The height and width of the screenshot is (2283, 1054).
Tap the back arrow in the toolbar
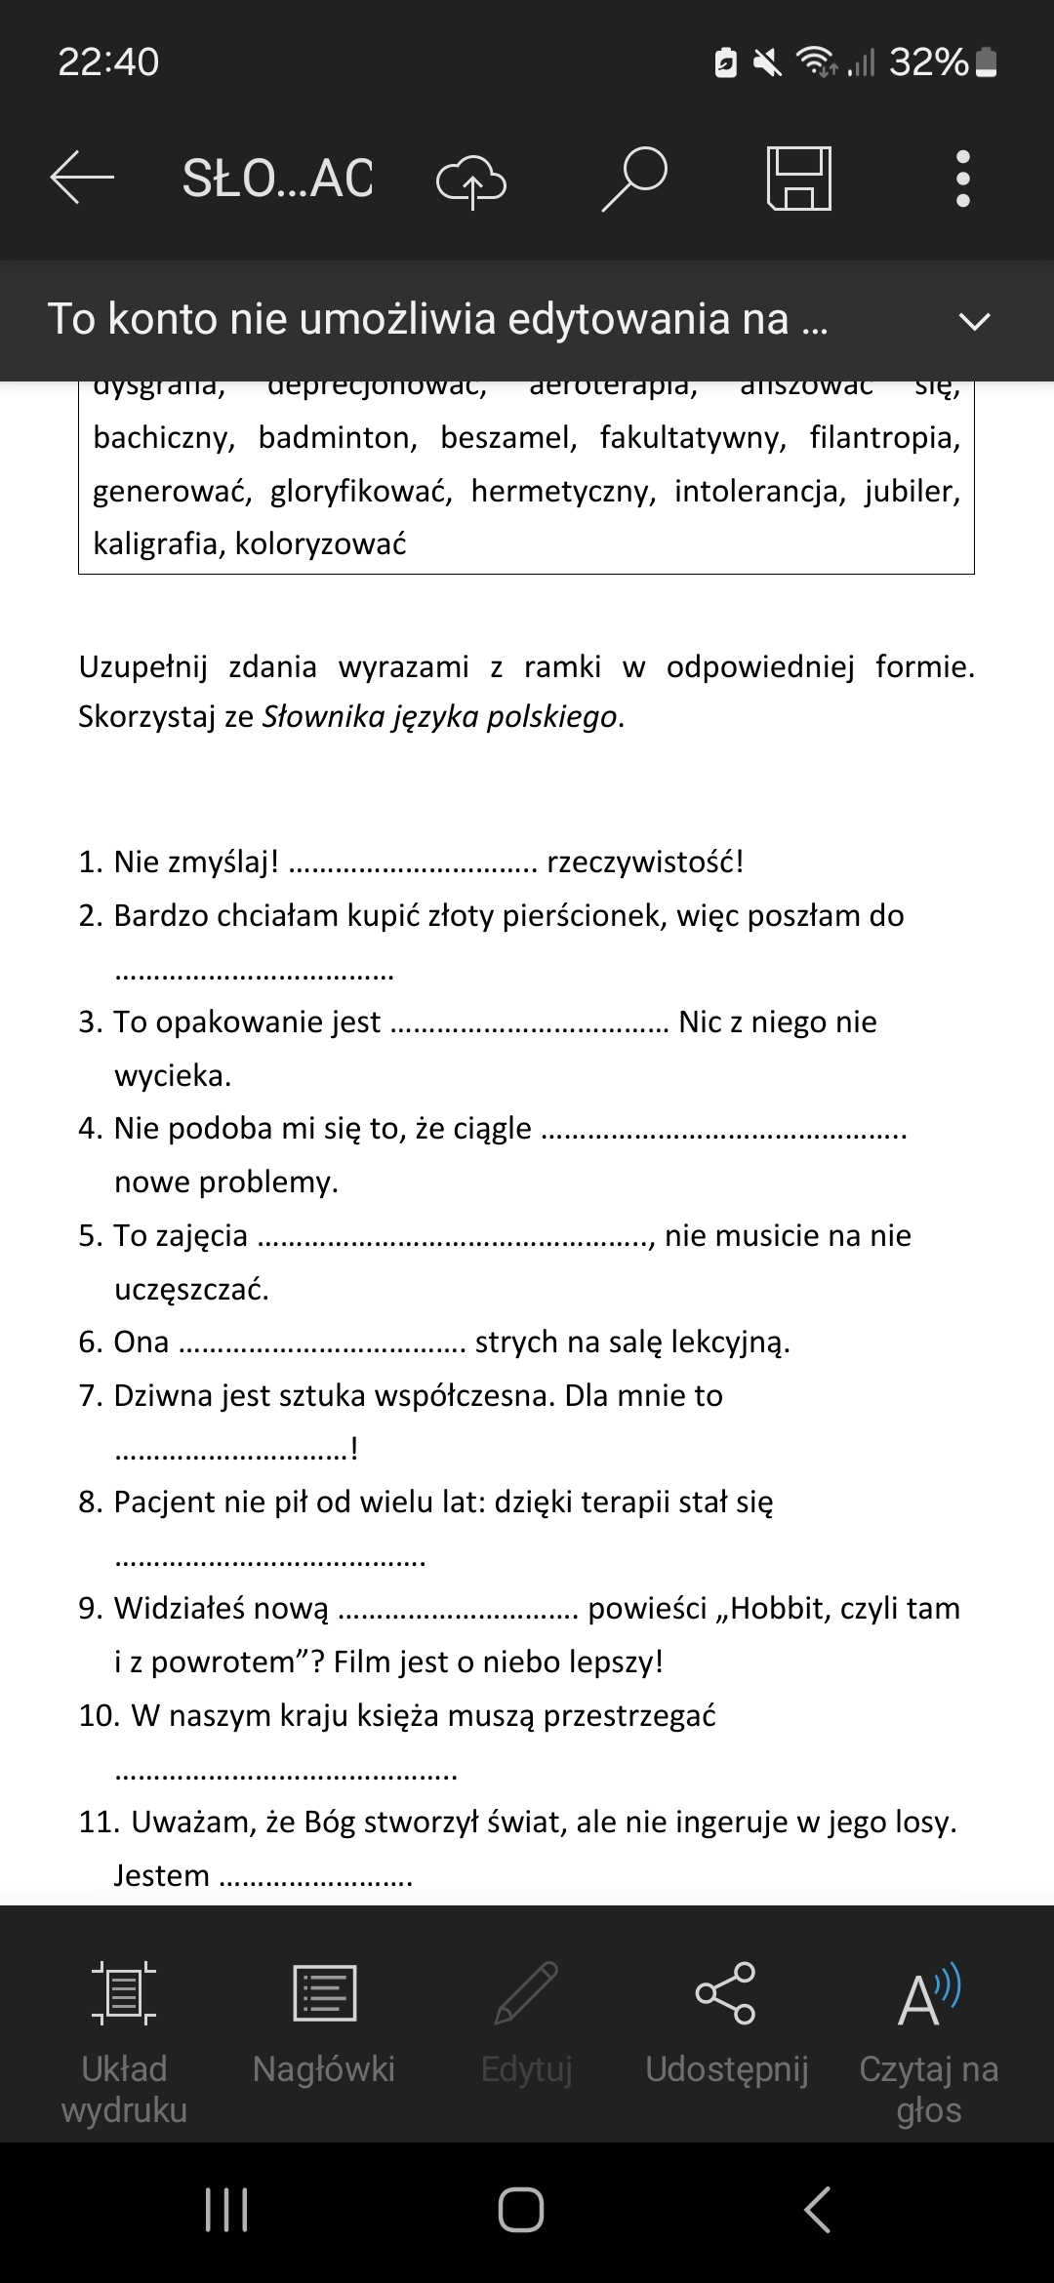coord(82,178)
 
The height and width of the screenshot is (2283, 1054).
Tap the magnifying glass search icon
coord(633,179)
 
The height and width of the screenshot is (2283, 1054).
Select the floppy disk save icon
coord(798,179)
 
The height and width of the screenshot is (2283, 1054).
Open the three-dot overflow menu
coord(962,179)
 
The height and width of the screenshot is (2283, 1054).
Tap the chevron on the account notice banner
coord(974,321)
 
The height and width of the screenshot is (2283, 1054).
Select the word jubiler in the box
coord(912,491)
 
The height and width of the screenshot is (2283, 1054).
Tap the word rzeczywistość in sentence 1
coord(644,862)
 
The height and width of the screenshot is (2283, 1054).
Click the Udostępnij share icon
coord(726,1994)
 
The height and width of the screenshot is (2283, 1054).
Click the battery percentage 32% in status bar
coord(928,62)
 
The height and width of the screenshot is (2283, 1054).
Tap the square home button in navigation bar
coord(521,2209)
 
